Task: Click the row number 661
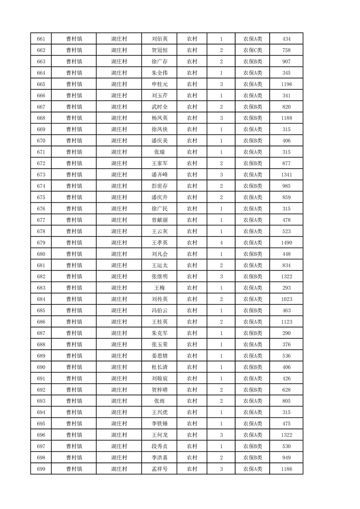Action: click(41, 39)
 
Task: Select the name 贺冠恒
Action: click(160, 50)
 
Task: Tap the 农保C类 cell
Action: click(252, 50)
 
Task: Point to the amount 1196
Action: click(286, 84)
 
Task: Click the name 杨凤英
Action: click(160, 118)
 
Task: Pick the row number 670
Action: click(41, 141)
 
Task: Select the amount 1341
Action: click(286, 175)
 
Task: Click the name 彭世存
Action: click(160, 186)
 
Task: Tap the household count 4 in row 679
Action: click(221, 243)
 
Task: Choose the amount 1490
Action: click(286, 243)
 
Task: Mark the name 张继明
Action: click(160, 276)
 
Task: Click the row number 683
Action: click(41, 288)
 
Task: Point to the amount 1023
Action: click(286, 299)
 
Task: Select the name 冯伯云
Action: click(160, 310)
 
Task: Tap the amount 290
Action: click(286, 333)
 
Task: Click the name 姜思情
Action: click(160, 356)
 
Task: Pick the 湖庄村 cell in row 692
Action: click(119, 390)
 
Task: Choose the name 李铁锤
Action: click(160, 424)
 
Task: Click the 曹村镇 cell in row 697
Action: click(74, 446)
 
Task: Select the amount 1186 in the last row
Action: click(286, 469)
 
